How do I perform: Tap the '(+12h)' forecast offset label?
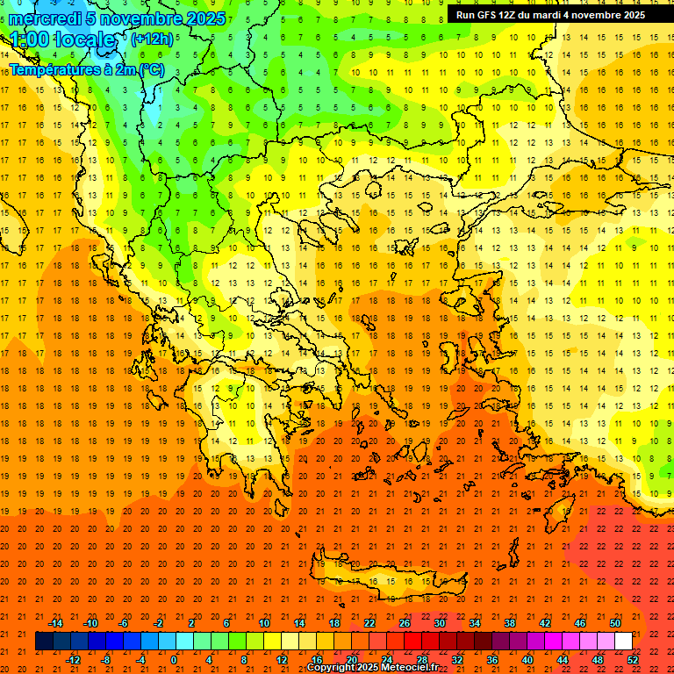click(x=152, y=39)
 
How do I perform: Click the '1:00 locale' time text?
click(x=62, y=40)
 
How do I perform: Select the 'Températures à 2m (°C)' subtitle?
click(x=86, y=69)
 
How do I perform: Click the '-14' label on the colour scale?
click(x=54, y=623)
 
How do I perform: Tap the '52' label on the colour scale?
click(x=632, y=659)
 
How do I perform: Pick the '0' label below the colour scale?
click(x=174, y=659)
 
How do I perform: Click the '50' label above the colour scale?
click(x=614, y=623)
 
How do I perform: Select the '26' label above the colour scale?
click(x=405, y=623)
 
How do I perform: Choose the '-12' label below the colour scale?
click(x=72, y=659)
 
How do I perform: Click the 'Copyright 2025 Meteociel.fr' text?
click(x=372, y=668)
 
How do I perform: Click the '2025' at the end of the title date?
click(x=206, y=18)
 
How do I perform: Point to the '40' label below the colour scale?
click(x=527, y=659)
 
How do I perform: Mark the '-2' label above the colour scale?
click(x=159, y=623)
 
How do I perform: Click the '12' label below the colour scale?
click(x=281, y=659)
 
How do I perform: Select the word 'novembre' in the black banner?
click(x=590, y=15)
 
